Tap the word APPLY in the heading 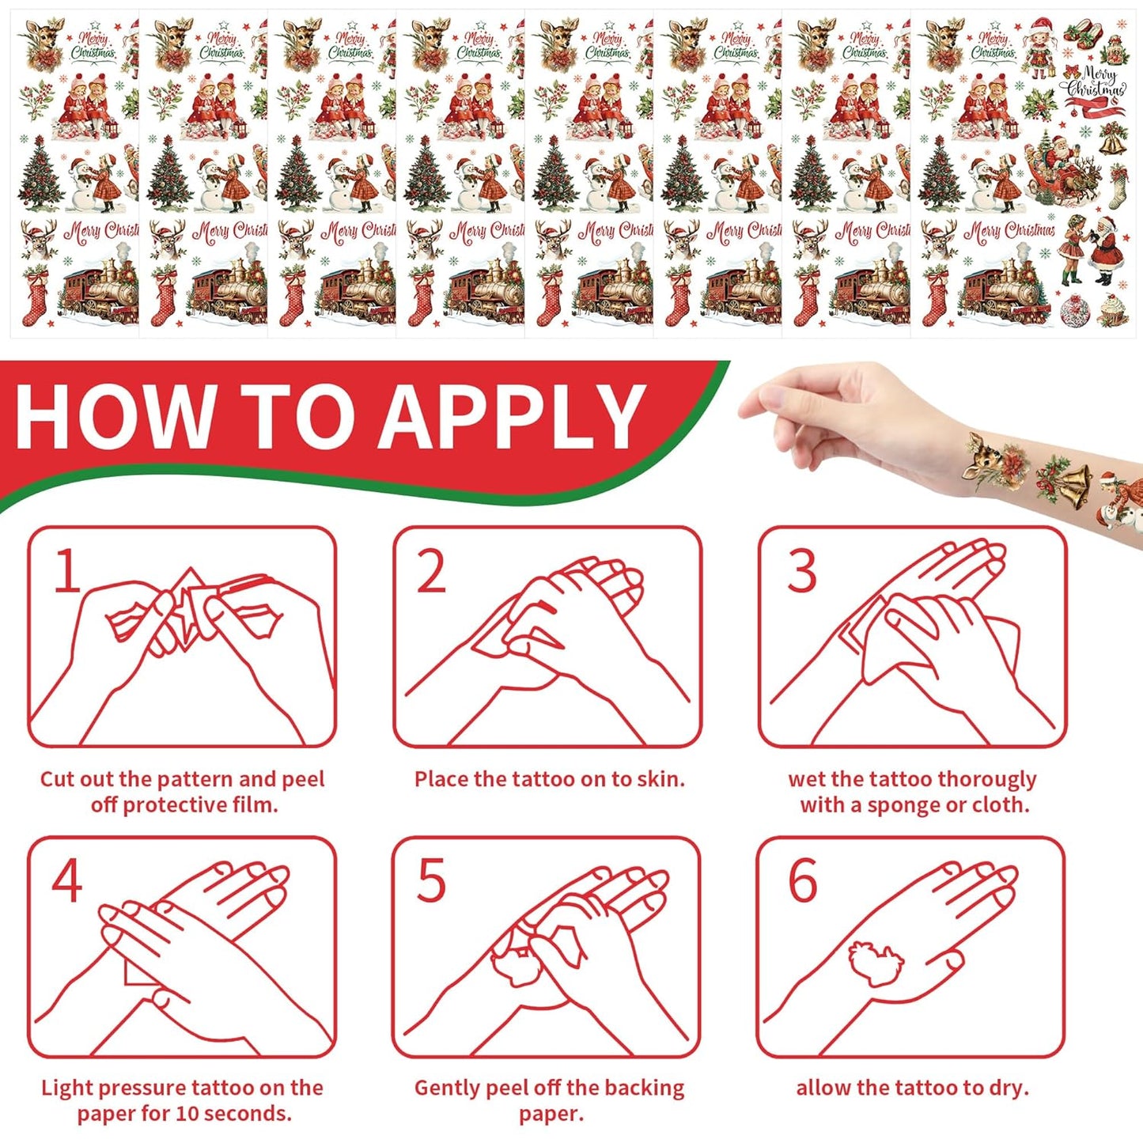(x=511, y=415)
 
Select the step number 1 (x=67, y=570)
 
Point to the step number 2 (x=432, y=570)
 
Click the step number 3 (x=801, y=570)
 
